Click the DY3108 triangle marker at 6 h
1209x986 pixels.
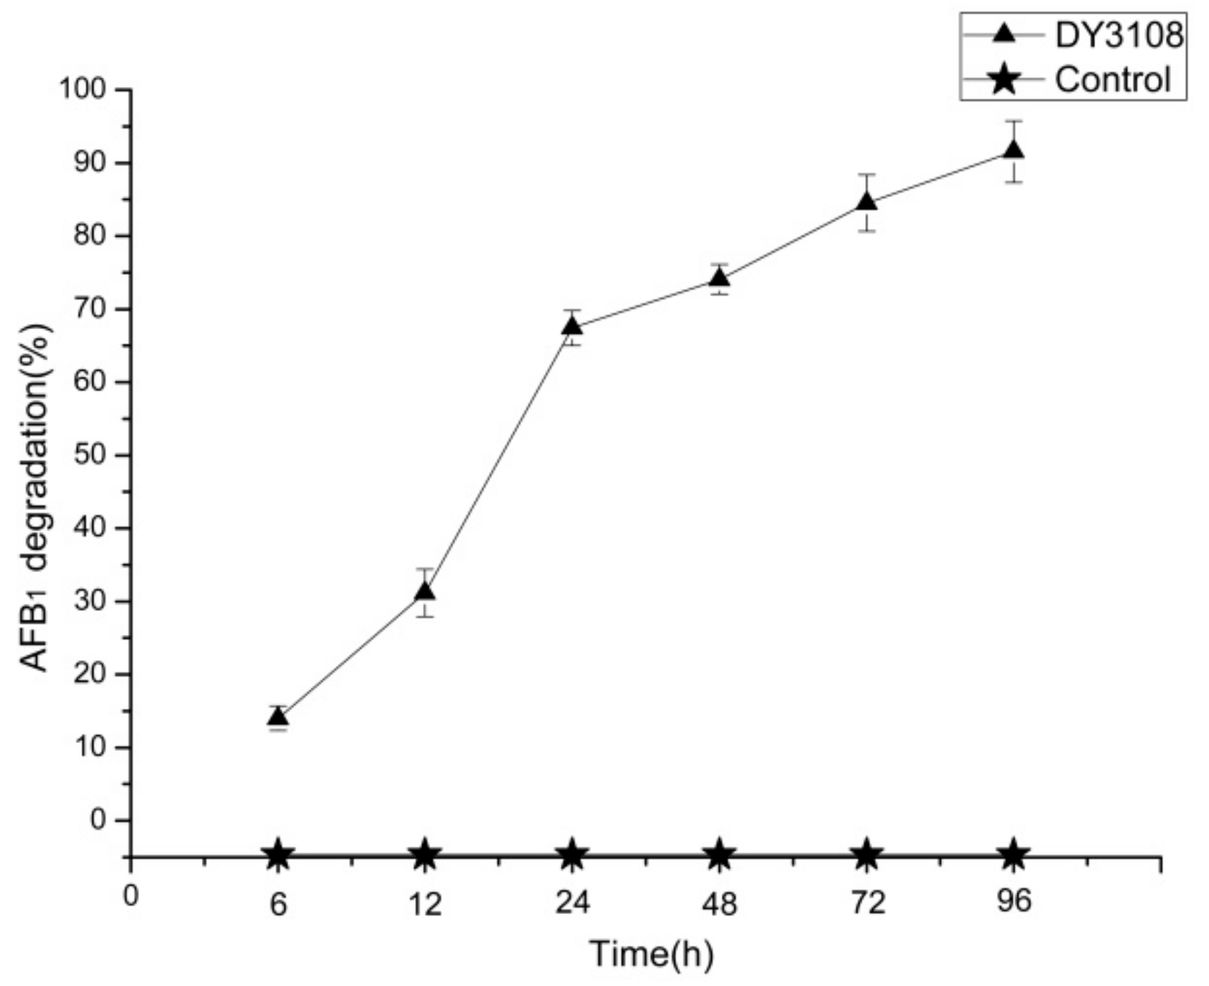coord(278,718)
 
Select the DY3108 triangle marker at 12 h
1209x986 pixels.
coord(425,591)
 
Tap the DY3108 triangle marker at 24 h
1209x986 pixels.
coord(572,326)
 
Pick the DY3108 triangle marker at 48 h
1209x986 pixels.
coord(720,278)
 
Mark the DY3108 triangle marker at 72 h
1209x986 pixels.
coord(866,203)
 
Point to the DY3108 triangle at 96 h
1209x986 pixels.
coord(1014,150)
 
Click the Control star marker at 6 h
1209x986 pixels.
coord(278,855)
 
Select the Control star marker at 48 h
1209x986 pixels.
coord(720,855)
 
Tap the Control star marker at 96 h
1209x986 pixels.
coord(1014,855)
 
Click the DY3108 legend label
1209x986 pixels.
coord(1118,35)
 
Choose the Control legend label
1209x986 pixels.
coord(1112,79)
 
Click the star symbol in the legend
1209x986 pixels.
coord(1003,79)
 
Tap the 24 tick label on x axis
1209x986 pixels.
coord(572,903)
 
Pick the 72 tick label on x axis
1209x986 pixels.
coord(866,903)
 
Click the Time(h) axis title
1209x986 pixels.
coord(651,954)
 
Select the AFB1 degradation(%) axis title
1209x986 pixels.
coord(35,497)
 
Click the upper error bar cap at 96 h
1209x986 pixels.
coord(1014,121)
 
